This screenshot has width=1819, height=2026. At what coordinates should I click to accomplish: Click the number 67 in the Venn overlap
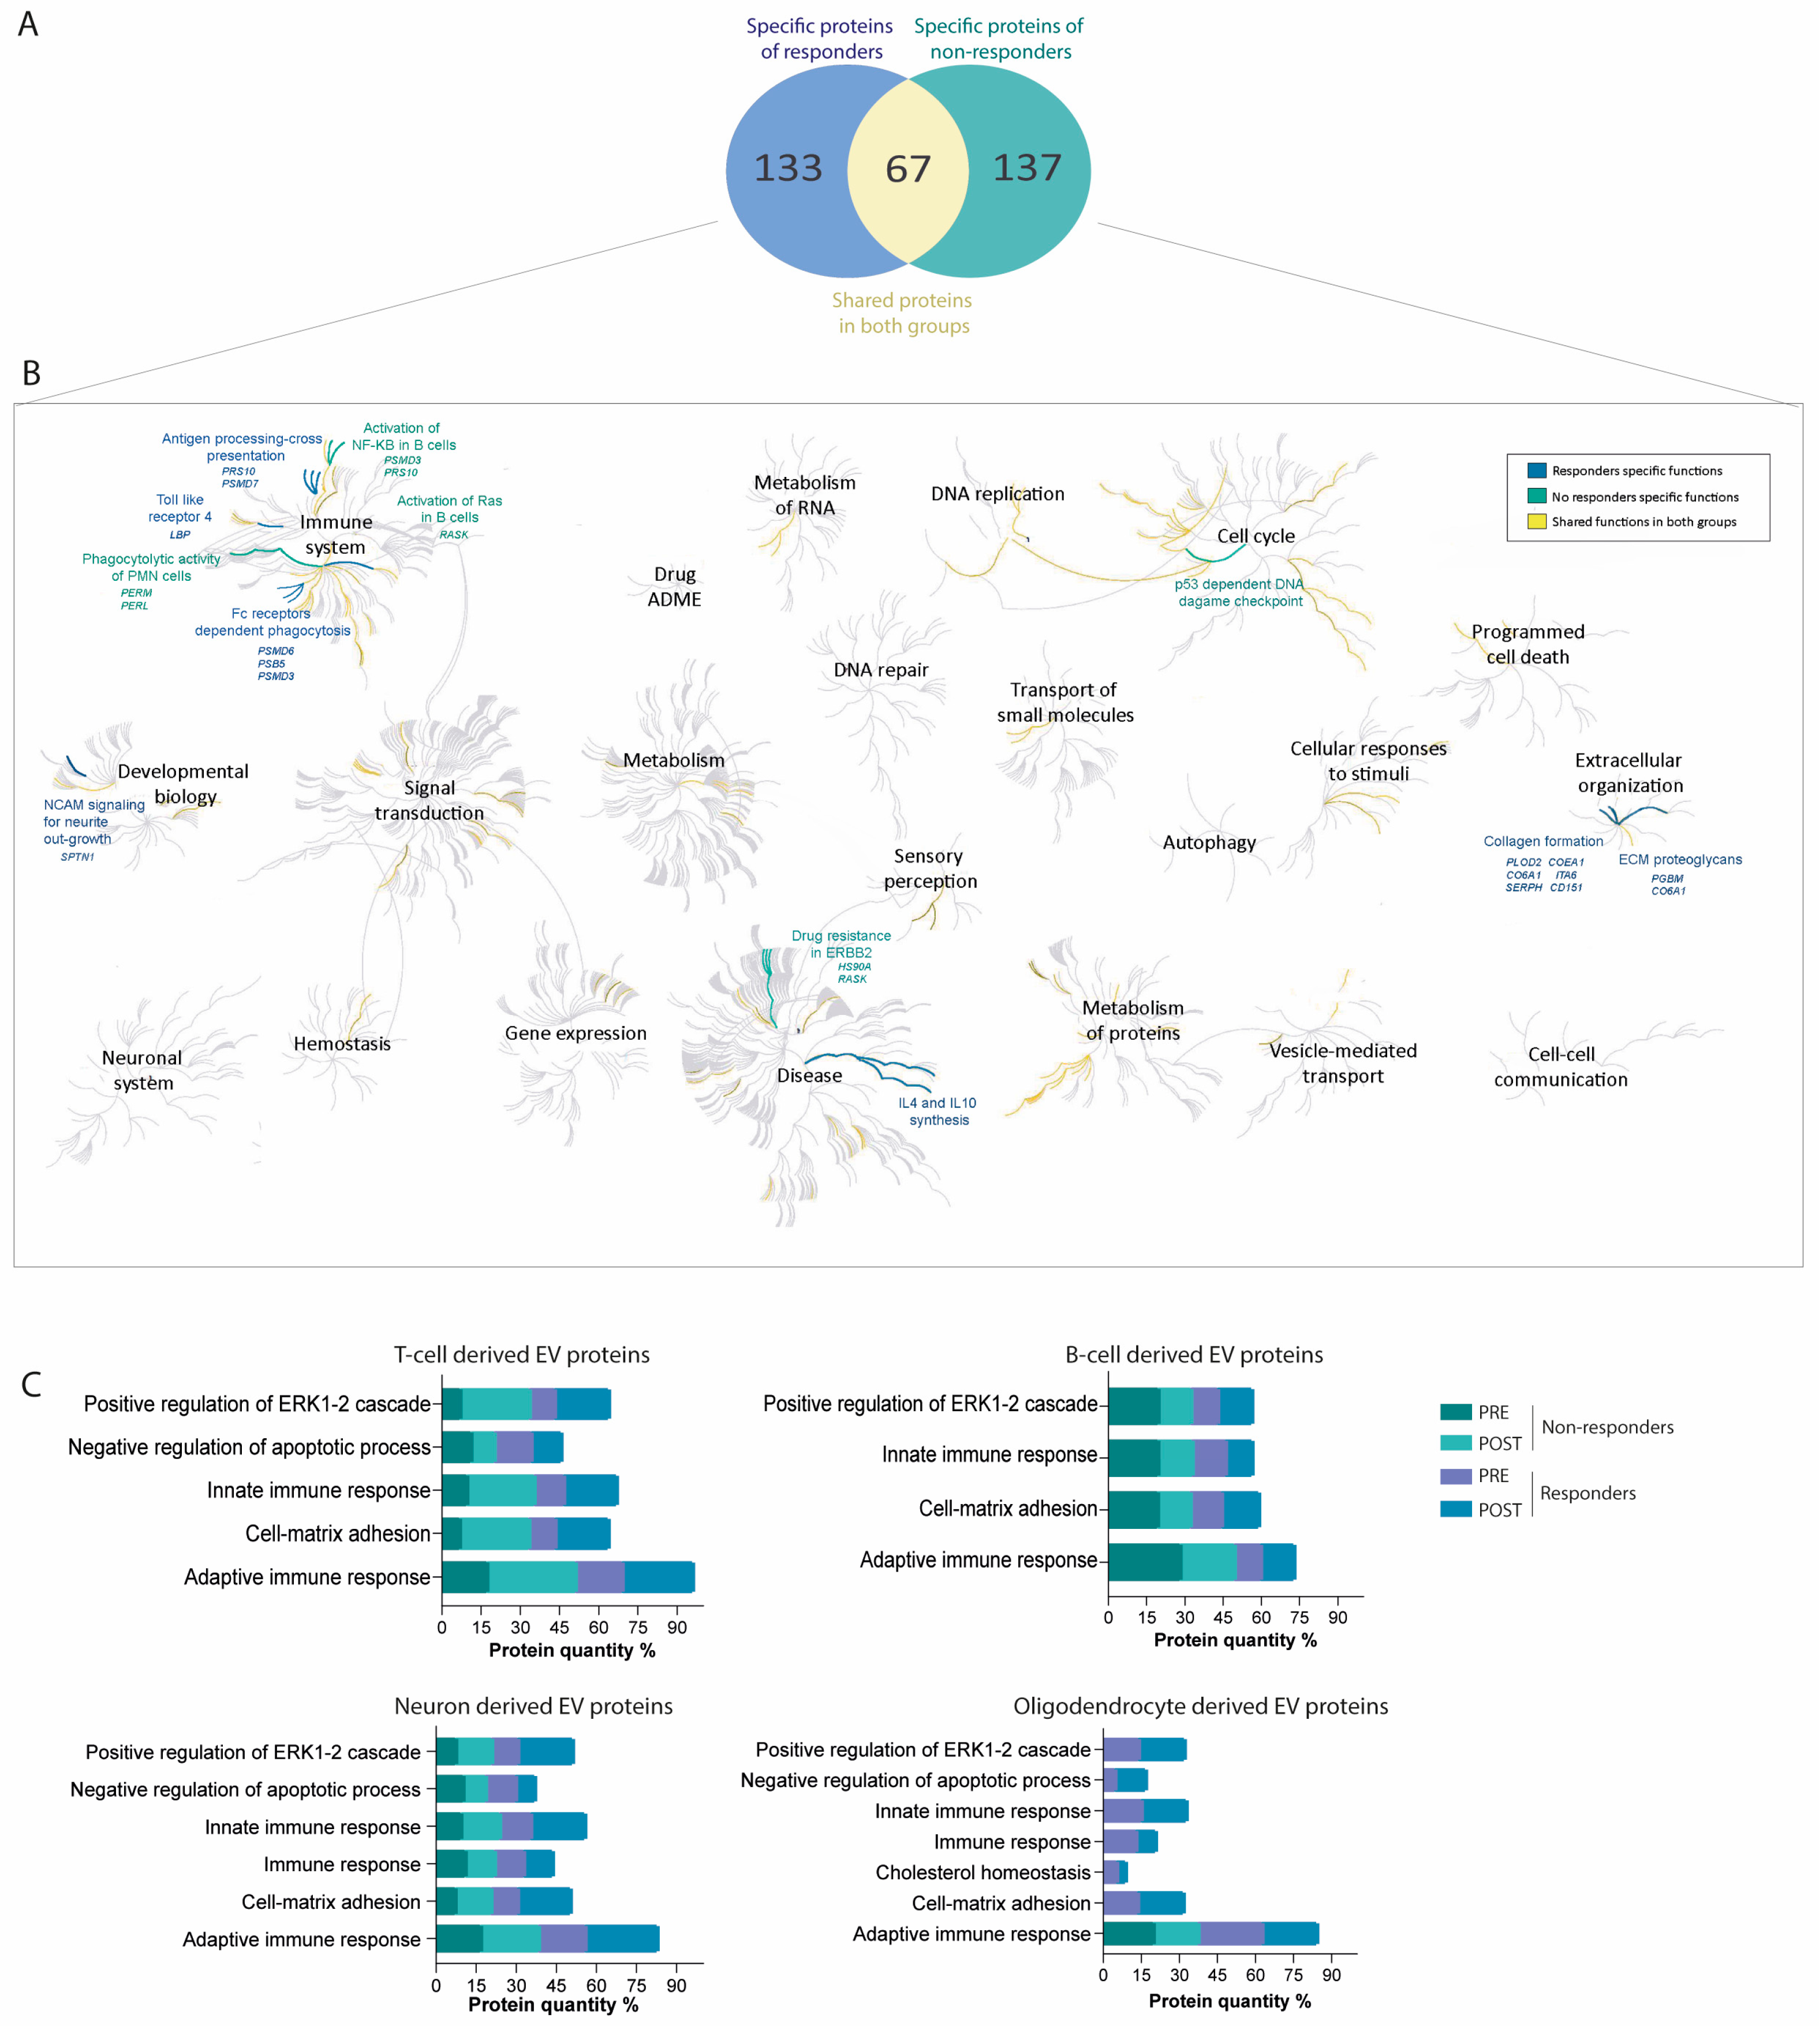coord(907,169)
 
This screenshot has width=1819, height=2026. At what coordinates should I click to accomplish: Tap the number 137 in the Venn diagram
coord(1026,168)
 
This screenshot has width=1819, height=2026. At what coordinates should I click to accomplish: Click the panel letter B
coord(31,374)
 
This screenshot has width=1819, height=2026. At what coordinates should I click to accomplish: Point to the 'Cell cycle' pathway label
coord(1256,536)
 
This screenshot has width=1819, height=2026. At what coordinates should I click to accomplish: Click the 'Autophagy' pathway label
coord(1208,842)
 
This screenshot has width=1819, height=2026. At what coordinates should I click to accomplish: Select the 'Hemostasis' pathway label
coord(342,1043)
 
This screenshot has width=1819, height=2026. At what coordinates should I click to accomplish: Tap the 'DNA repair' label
coord(880,670)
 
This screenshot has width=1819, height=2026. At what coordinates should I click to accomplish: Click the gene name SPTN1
coord(77,857)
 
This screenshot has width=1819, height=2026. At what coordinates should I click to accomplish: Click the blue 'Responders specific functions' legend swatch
coord(1536,471)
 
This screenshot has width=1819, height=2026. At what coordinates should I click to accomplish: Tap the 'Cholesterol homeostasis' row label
coord(983,1872)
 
